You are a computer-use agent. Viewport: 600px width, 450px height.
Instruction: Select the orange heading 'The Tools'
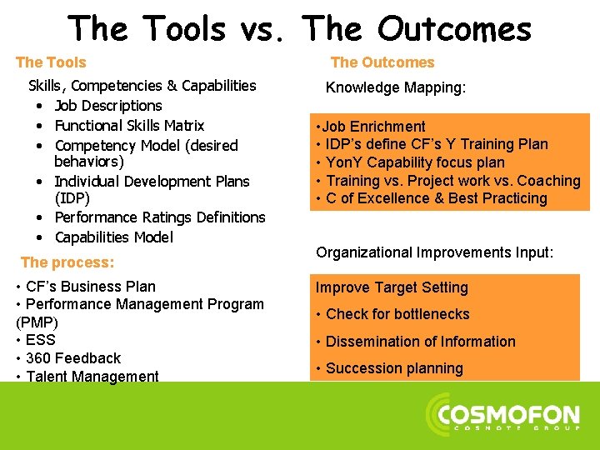click(51, 62)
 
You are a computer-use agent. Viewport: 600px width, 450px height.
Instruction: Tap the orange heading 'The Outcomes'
click(382, 62)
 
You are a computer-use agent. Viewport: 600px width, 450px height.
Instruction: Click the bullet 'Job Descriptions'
click(107, 106)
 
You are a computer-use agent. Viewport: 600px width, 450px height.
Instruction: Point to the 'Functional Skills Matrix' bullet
click(129, 126)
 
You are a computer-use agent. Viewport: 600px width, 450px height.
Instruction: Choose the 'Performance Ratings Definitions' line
click(159, 217)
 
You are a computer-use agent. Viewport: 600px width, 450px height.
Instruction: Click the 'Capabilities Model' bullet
click(113, 237)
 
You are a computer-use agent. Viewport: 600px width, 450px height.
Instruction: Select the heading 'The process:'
click(67, 262)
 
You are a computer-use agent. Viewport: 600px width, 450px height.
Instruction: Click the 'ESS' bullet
click(40, 340)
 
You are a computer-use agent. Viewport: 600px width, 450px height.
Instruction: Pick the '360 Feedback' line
click(72, 358)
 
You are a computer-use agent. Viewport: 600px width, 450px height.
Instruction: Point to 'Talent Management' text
click(92, 376)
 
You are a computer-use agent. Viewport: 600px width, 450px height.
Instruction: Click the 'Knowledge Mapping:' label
click(395, 87)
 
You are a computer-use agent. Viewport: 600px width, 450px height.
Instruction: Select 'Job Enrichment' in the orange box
click(374, 127)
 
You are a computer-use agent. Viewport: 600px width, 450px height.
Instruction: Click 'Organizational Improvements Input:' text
click(434, 252)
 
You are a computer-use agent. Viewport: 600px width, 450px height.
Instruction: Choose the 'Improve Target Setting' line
click(392, 287)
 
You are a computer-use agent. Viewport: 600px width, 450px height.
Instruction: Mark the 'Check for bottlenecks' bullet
click(397, 314)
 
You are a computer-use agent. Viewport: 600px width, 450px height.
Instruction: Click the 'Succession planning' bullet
click(393, 368)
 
